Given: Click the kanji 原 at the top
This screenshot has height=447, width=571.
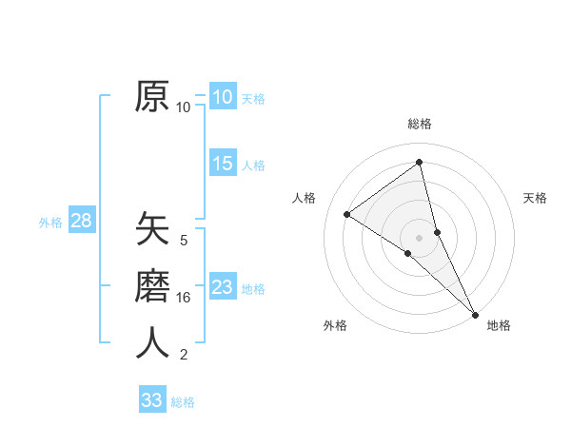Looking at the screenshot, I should (152, 96).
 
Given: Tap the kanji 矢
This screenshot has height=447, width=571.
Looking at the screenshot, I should (152, 229).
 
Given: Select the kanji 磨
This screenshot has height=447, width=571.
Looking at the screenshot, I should (152, 285).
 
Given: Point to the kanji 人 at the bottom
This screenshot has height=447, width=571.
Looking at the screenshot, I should (152, 342).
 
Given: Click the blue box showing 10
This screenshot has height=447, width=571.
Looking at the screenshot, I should (222, 97).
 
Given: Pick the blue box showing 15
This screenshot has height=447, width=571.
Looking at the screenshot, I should (222, 164).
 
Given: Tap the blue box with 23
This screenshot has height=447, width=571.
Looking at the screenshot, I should (222, 287).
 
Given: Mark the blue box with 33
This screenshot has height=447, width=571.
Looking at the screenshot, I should (151, 400).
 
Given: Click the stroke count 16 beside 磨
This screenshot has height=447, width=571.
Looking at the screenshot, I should (184, 298).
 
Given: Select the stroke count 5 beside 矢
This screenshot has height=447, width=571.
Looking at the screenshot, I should (184, 241).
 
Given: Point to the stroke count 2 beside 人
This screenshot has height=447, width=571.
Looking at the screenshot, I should (184, 355).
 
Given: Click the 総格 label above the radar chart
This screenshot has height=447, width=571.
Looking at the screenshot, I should (419, 124).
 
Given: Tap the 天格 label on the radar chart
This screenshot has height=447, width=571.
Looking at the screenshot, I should (535, 198).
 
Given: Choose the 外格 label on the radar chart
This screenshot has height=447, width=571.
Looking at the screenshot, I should (335, 325).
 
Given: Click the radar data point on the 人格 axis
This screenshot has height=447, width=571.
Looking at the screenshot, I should (347, 214).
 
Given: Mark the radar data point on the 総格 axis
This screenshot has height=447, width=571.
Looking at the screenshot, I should (419, 163).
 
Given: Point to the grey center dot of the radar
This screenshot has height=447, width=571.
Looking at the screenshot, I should (419, 237).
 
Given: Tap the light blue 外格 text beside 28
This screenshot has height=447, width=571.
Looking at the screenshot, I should (50, 223).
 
